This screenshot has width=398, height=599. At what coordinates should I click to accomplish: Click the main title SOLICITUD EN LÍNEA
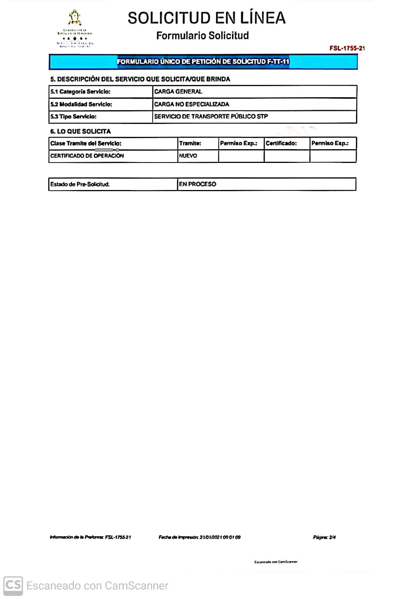pyautogui.click(x=206, y=18)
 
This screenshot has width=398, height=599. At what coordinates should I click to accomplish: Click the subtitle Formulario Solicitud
pyautogui.click(x=202, y=36)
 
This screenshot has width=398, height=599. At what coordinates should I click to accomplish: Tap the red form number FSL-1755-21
pyautogui.click(x=347, y=48)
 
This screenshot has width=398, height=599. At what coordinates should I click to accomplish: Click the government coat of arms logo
pyautogui.click(x=75, y=18)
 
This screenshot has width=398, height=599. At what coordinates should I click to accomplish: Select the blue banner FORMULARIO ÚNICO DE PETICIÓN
pyautogui.click(x=203, y=62)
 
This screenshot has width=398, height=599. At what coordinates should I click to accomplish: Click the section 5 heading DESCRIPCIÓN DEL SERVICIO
pyautogui.click(x=140, y=79)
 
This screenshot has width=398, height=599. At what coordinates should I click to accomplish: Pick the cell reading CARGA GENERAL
pyautogui.click(x=178, y=92)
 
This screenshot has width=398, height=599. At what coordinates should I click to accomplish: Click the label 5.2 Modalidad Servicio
pyautogui.click(x=81, y=104)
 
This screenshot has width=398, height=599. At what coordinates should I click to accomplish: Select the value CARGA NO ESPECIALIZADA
pyautogui.click(x=192, y=104)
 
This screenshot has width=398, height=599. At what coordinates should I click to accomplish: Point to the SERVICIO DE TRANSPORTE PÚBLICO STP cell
pyautogui.click(x=211, y=117)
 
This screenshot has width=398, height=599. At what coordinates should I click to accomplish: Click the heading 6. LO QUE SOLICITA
pyautogui.click(x=80, y=131)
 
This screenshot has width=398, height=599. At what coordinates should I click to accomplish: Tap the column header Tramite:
pyautogui.click(x=190, y=143)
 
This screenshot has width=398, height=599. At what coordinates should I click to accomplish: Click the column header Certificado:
pyautogui.click(x=281, y=143)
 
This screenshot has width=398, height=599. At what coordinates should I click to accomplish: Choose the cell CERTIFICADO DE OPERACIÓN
pyautogui.click(x=87, y=156)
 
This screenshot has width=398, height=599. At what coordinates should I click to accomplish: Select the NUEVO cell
pyautogui.click(x=188, y=156)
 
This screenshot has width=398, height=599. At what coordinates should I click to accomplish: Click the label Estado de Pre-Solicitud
pyautogui.click(x=80, y=184)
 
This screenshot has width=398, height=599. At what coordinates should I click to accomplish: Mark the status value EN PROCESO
pyautogui.click(x=197, y=184)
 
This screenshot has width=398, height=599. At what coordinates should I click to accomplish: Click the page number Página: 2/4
pyautogui.click(x=324, y=537)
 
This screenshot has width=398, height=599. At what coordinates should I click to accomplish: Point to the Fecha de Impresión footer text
pyautogui.click(x=199, y=537)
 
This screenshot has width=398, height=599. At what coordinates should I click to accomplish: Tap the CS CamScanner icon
pyautogui.click(x=13, y=586)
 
